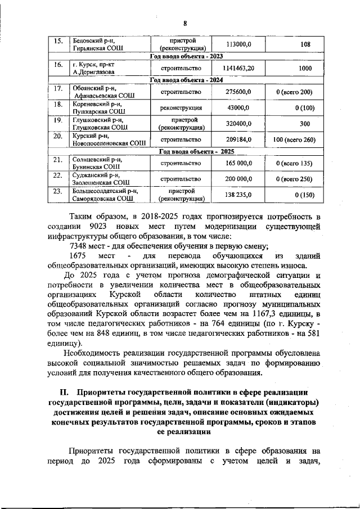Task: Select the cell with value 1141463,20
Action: pyautogui.click(x=238, y=67)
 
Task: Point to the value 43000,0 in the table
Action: pyautogui.click(x=238, y=107)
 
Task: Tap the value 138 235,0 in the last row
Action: pyautogui.click(x=238, y=195)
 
